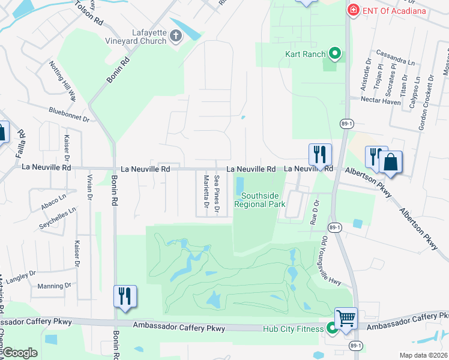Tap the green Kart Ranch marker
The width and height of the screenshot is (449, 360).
click(x=334, y=55)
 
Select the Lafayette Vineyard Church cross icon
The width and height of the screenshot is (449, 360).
click(x=176, y=37)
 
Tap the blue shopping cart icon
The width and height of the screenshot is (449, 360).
click(x=346, y=318)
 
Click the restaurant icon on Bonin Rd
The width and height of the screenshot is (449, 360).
click(x=125, y=296)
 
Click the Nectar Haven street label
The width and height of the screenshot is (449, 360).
click(x=380, y=101)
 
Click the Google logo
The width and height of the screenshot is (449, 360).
click(x=20, y=353)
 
